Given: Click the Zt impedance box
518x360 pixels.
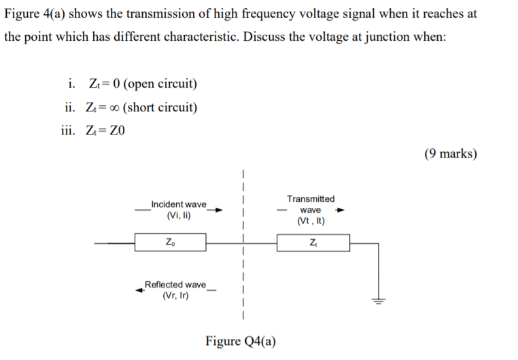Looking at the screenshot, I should (313, 242).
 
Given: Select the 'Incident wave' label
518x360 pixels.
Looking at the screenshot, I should (178, 204).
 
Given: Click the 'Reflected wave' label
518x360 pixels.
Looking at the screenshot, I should (175, 284).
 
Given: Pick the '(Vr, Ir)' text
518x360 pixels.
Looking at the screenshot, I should (175, 295).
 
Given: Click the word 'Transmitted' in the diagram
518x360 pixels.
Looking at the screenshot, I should (311, 198).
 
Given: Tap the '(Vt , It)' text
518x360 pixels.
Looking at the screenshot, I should (311, 221).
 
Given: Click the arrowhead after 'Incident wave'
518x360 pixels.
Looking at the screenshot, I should (219, 210).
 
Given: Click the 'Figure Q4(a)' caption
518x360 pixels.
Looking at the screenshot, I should (241, 341).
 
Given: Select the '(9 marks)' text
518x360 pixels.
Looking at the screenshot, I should (450, 154).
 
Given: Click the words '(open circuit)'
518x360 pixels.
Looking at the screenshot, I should (161, 84).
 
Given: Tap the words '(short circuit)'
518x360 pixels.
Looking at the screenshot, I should (161, 107).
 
